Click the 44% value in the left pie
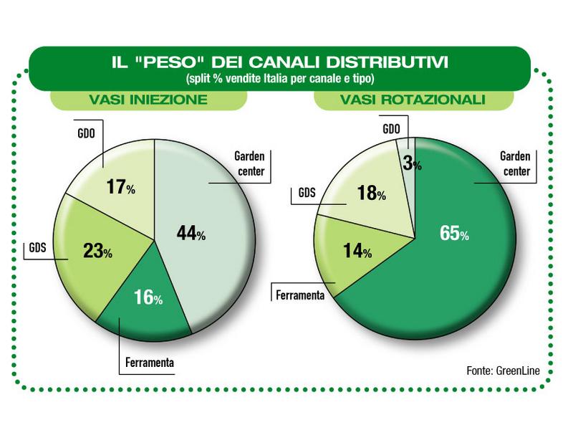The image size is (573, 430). [x=191, y=234]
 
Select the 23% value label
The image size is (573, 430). [x=97, y=252]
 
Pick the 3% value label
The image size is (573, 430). [x=412, y=163]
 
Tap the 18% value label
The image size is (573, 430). [x=372, y=193]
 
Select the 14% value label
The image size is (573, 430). [x=356, y=251]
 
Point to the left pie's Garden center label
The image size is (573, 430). [x=250, y=164]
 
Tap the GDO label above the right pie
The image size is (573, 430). [x=391, y=129]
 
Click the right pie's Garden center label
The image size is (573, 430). [x=515, y=164]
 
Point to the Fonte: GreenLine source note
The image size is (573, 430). [x=502, y=371]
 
